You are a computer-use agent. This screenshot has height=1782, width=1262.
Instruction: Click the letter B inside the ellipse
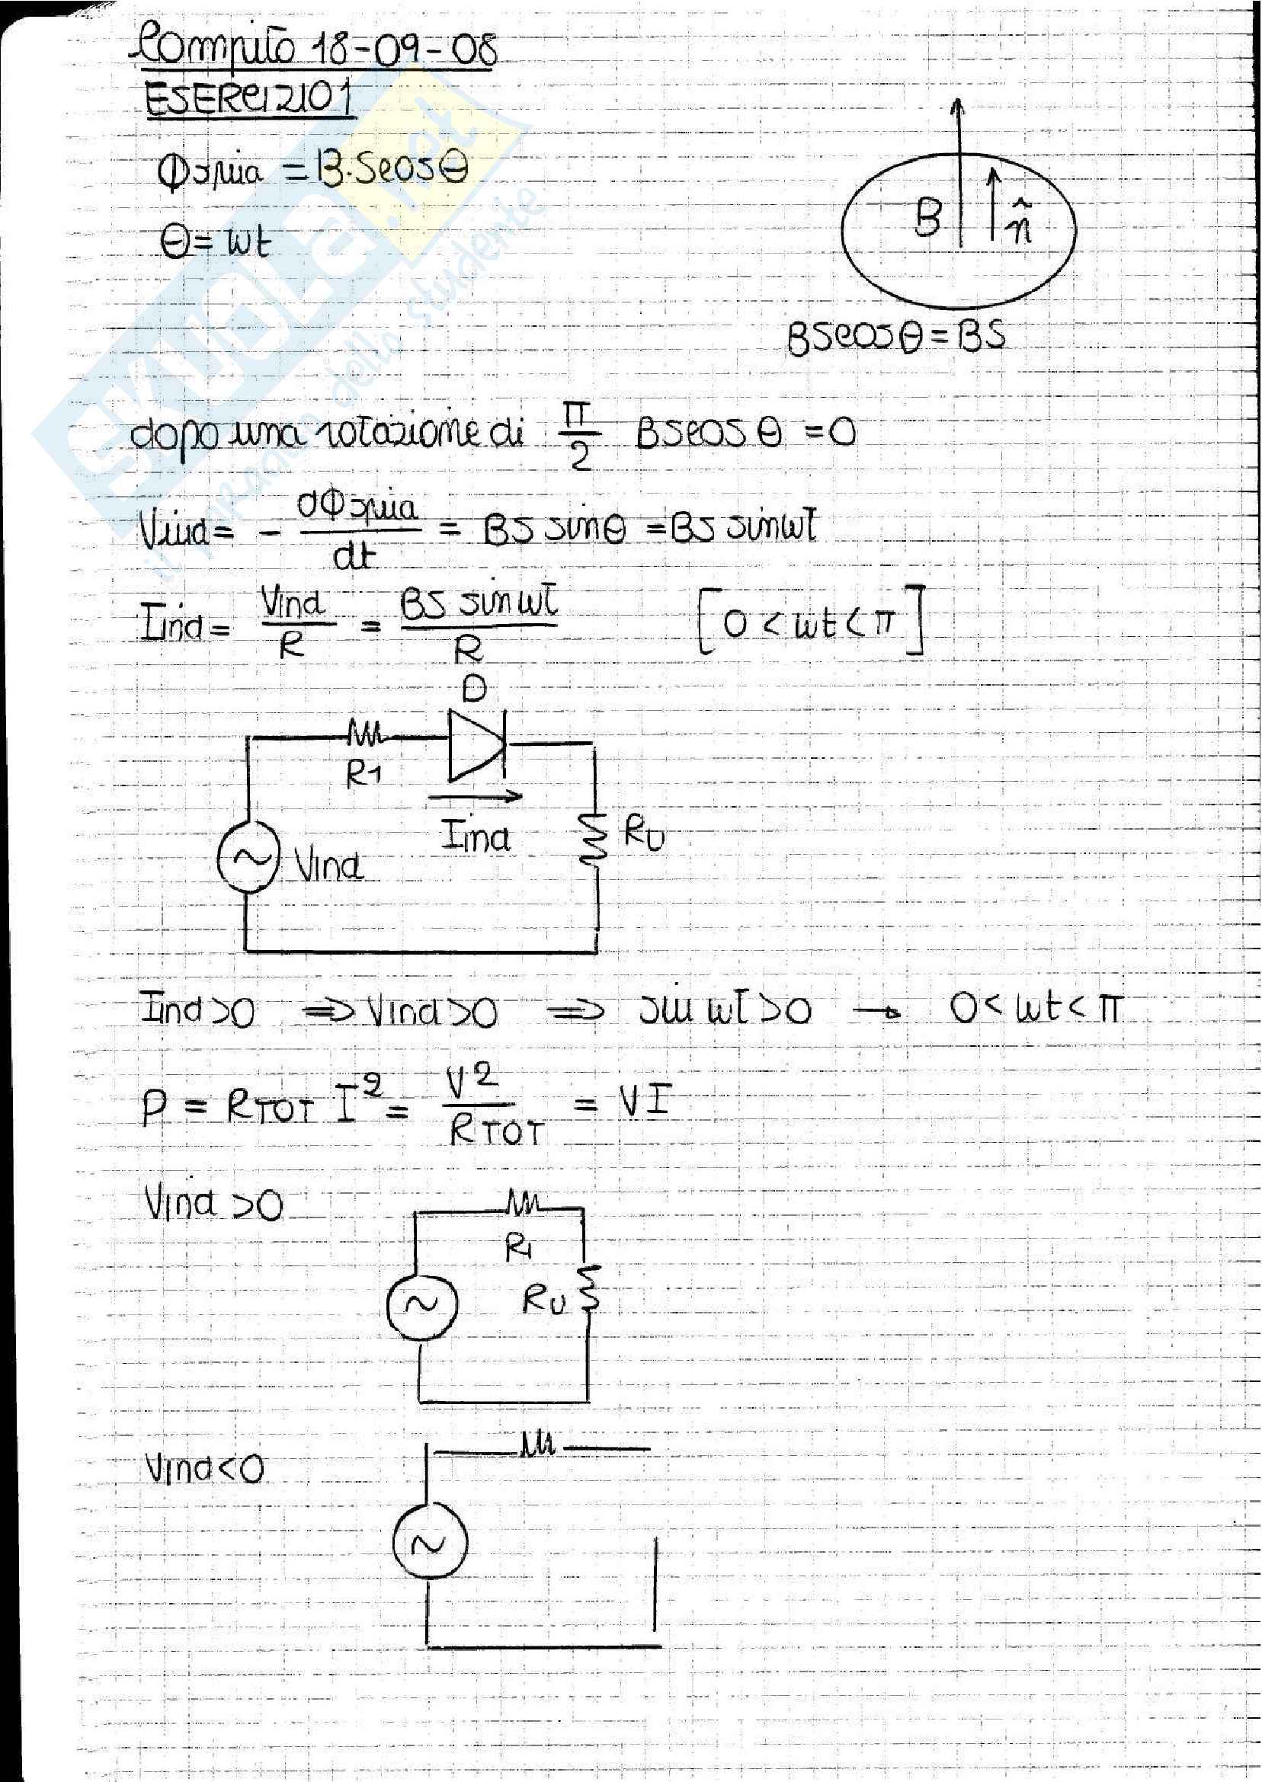[928, 216]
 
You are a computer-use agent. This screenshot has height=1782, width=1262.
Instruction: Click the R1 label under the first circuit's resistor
[363, 774]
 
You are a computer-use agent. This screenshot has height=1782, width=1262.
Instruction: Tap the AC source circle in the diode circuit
[248, 857]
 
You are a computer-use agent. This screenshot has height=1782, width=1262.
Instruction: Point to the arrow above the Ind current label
[474, 795]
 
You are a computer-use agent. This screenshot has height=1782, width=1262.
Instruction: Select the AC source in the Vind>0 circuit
[422, 1304]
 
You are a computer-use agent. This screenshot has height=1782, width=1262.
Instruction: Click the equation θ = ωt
[215, 243]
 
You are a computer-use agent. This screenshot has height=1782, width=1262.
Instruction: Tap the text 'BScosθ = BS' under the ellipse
[896, 336]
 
